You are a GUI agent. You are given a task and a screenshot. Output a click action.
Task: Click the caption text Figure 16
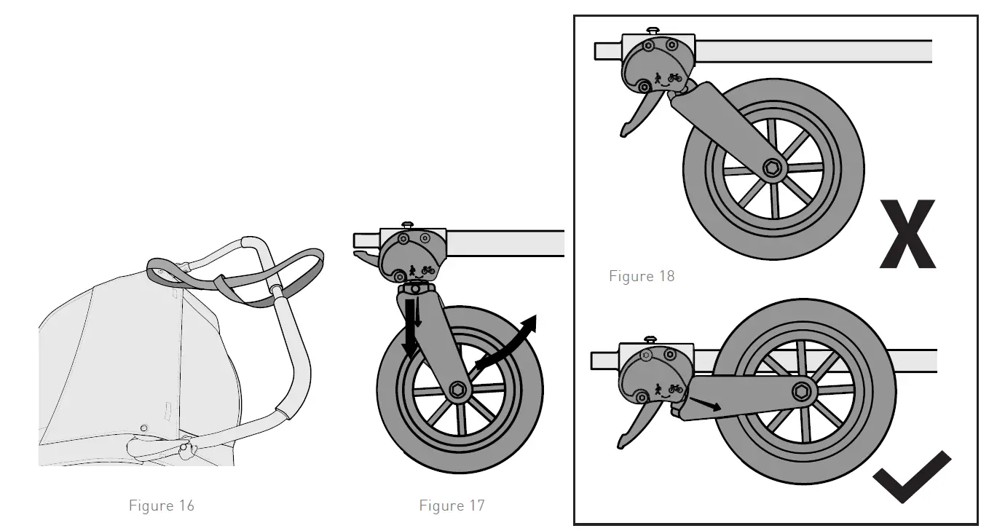pyautogui.click(x=161, y=506)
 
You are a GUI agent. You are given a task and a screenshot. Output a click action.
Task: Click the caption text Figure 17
pyautogui.click(x=452, y=506)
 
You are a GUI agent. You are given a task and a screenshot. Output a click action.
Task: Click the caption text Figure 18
pyautogui.click(x=642, y=276)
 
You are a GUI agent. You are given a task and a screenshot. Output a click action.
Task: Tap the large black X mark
pyautogui.click(x=907, y=235)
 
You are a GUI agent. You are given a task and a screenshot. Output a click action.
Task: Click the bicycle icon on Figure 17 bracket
pyautogui.click(x=427, y=270)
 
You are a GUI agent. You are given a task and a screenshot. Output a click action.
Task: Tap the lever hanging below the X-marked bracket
pyautogui.click(x=634, y=117)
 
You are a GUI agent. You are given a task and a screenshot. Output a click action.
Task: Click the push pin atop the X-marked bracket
pyautogui.click(x=653, y=30)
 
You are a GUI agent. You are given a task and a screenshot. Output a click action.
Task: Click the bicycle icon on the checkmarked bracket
pyautogui.click(x=675, y=389)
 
